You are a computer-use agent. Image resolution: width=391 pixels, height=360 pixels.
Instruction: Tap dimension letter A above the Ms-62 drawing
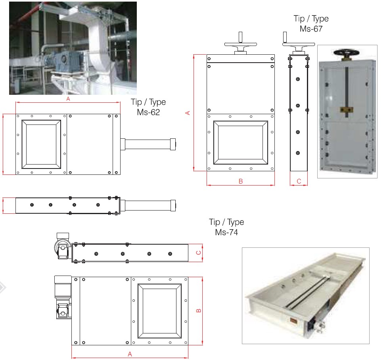68,99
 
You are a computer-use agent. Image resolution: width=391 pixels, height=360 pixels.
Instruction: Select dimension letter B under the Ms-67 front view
241,181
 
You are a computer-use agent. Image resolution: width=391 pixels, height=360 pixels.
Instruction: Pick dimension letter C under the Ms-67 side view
299,181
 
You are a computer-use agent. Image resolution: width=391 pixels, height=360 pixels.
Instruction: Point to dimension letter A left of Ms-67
188,113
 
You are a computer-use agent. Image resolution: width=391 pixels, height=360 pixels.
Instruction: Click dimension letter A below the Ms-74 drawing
130,354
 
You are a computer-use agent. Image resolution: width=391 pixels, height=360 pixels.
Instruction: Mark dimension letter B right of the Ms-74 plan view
199,310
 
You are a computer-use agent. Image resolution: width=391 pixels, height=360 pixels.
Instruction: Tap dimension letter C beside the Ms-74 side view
199,253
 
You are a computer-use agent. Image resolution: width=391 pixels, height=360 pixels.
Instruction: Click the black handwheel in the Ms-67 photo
346,53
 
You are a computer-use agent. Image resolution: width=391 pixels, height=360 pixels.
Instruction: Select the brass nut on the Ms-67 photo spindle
347,109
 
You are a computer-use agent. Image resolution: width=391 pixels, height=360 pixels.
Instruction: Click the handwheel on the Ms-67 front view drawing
240,44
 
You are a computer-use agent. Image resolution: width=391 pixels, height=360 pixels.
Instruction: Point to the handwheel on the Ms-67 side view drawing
299,44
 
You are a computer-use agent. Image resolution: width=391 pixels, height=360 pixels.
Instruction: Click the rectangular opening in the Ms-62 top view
41,144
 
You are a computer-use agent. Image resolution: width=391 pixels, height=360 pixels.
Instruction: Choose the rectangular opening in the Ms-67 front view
241,143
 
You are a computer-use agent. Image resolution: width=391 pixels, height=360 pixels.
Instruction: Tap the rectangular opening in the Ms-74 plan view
159,311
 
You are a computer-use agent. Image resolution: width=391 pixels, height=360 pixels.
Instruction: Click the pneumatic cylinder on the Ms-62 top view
148,144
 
